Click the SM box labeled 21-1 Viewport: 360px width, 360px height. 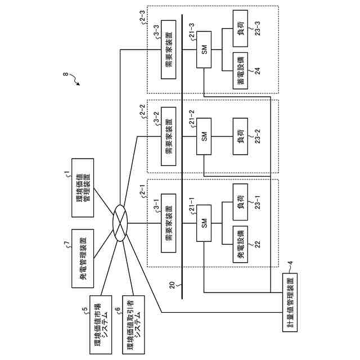(205, 224)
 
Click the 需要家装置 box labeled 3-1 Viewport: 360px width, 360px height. (168, 224)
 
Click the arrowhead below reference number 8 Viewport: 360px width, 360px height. (78, 84)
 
